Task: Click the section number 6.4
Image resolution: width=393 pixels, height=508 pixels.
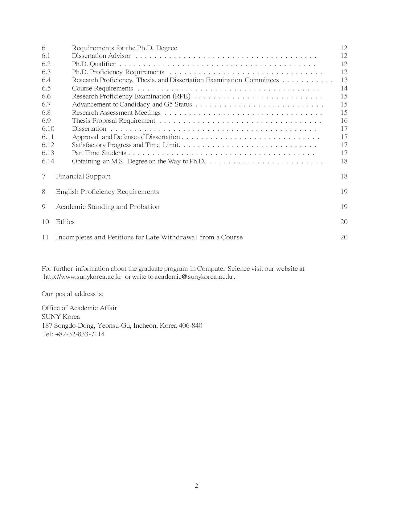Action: [46, 80]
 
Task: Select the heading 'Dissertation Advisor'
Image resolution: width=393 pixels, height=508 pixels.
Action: [101, 56]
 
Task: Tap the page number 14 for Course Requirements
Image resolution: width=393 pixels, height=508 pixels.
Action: [344, 88]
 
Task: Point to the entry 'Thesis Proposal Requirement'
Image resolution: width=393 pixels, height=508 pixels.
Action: [113, 121]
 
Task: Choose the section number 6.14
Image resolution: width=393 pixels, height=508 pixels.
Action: [48, 161]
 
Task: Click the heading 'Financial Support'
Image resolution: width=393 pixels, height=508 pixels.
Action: [83, 176]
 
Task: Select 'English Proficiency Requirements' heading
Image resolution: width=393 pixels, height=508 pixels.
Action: [107, 192]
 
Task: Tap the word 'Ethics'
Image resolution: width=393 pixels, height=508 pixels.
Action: [65, 222]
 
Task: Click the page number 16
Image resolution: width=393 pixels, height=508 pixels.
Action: [344, 121]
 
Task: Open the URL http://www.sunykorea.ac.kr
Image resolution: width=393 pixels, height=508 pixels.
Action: [82, 277]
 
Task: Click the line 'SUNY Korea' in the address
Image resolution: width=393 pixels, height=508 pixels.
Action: [61, 317]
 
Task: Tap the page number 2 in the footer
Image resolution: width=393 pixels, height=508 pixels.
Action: [196, 486]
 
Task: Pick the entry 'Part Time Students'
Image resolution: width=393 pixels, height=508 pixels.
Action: [99, 153]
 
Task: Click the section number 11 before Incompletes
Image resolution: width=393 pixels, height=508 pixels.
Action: [45, 237]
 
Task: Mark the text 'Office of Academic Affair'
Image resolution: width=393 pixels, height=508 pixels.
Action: [79, 308]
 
